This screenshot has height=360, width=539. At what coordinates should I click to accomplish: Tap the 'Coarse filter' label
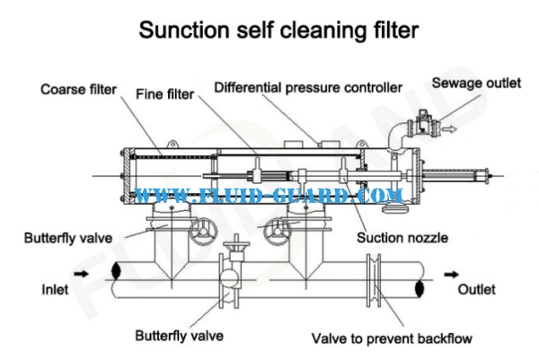pyautogui.click(x=73, y=89)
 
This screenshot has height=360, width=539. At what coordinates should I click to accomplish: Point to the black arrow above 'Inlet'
pyautogui.click(x=81, y=269)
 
